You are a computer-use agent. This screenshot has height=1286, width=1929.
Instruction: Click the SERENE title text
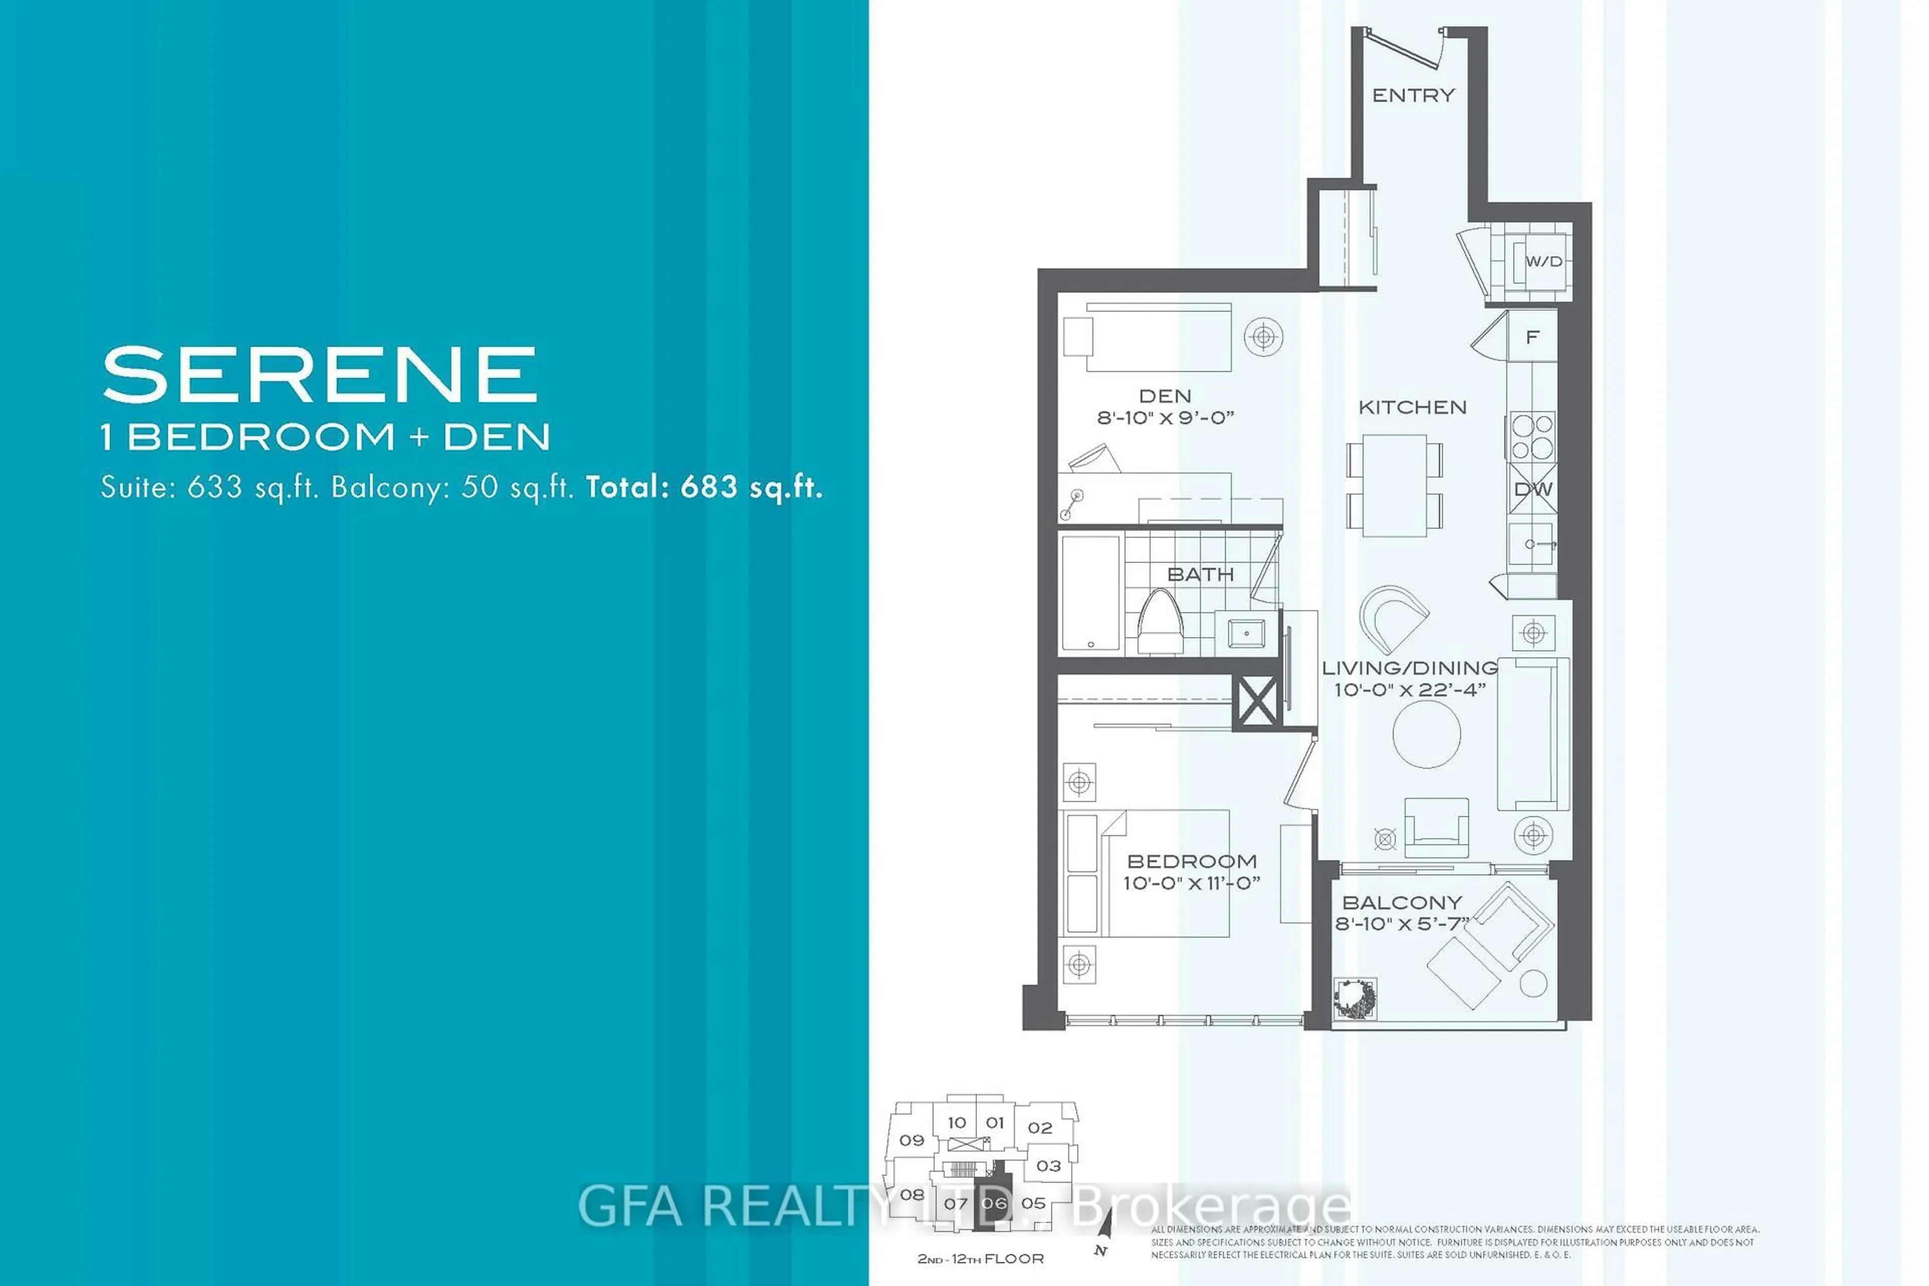point(320,374)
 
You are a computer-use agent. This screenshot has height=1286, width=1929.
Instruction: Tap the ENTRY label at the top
point(1413,95)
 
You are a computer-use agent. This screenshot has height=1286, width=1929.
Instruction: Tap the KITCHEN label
point(1412,407)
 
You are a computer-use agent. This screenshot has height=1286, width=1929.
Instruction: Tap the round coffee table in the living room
point(1426,733)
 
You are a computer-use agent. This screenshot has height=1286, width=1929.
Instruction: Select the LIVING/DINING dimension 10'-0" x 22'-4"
point(1409,690)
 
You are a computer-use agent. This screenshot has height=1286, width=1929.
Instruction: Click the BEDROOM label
point(1192,861)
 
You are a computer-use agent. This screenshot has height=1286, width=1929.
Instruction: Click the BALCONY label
point(1402,902)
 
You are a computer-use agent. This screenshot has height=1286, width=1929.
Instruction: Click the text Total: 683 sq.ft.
point(704,487)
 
